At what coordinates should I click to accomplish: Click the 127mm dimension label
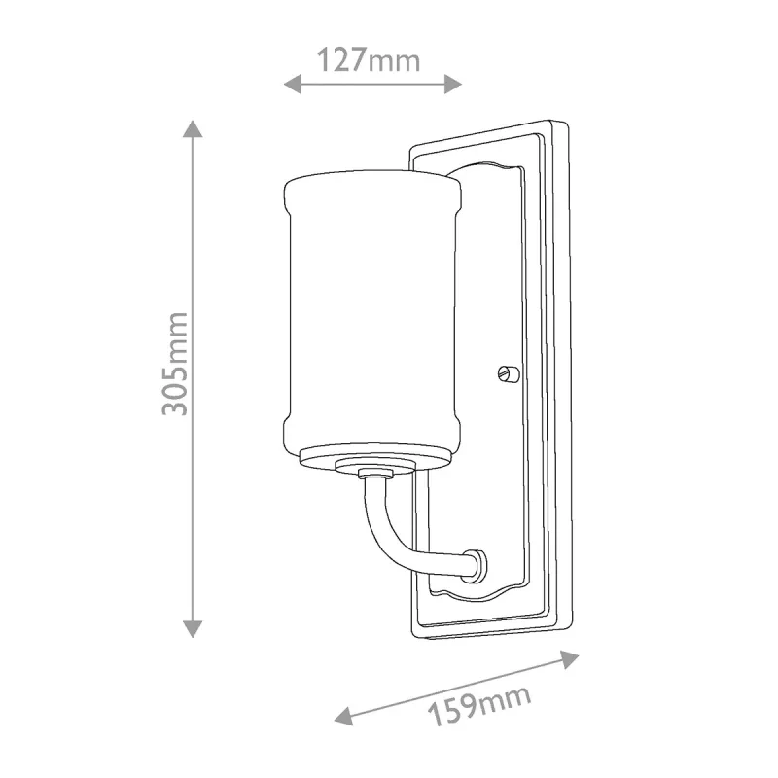369,60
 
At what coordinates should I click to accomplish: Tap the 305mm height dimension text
175,364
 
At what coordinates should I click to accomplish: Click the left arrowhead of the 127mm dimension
293,84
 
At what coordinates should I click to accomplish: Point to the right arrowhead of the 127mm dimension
453,84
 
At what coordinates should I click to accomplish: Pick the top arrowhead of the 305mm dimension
193,129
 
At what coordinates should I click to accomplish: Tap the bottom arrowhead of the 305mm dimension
193,628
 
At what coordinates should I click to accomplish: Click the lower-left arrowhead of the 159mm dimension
344,716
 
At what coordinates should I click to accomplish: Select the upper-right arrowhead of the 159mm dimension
569,660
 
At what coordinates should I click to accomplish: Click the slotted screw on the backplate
508,372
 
